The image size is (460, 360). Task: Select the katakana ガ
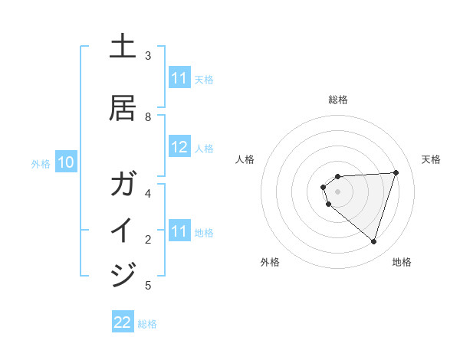click(123, 185)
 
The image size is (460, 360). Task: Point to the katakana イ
click(123, 229)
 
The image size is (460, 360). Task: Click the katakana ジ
click(123, 273)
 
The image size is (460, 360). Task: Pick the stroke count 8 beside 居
click(147, 117)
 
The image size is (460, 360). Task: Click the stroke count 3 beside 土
click(147, 56)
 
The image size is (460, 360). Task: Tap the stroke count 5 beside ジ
click(147, 286)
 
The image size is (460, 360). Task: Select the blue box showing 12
click(179, 148)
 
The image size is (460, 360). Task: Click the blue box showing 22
click(123, 322)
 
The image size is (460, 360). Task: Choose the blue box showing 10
click(66, 162)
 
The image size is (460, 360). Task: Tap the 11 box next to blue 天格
click(179, 78)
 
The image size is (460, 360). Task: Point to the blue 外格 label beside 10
click(41, 163)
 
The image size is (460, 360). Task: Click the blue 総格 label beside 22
click(147, 324)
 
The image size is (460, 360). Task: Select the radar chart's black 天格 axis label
click(431, 159)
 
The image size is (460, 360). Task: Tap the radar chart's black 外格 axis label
click(270, 262)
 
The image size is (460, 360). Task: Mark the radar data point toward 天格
click(396, 172)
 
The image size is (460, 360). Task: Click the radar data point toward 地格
click(373, 241)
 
